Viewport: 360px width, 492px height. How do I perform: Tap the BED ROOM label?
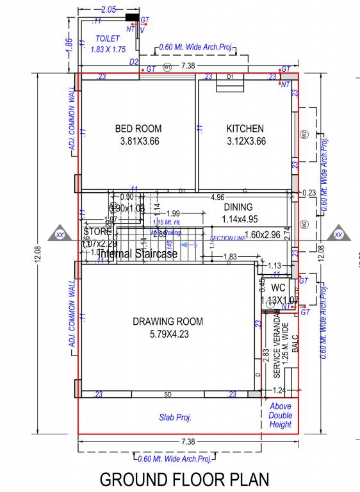138,128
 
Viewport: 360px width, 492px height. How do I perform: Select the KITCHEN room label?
245,128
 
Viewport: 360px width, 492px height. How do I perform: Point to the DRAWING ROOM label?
168,322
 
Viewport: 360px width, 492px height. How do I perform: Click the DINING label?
238,207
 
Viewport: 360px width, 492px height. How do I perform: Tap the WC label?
278,288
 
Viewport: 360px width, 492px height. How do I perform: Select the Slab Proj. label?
176,418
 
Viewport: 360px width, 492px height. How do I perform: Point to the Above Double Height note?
281,415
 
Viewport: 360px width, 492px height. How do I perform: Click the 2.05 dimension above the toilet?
108,10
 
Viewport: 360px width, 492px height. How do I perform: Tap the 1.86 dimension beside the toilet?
69,46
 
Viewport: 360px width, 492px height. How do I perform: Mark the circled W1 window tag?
167,67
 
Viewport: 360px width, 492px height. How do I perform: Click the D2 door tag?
134,61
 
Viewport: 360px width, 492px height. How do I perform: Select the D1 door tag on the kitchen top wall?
231,77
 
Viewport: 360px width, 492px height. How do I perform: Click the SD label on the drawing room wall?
168,394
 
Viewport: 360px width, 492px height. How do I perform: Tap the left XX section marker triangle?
60,234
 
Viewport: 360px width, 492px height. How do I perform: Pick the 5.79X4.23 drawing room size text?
168,334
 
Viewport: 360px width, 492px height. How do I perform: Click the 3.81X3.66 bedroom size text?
139,141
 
